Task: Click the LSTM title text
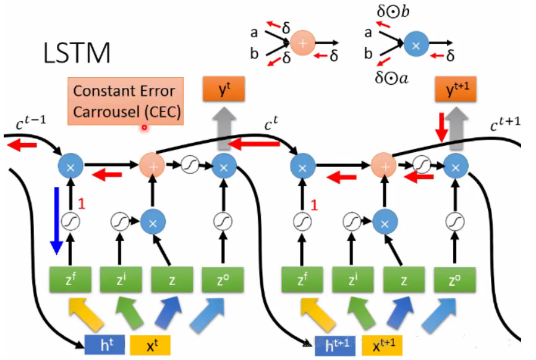coord(77,54)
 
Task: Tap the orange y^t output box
coord(224,90)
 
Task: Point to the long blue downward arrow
coord(57,220)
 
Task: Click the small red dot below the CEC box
coord(144,128)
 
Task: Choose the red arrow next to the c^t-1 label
coord(22,145)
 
